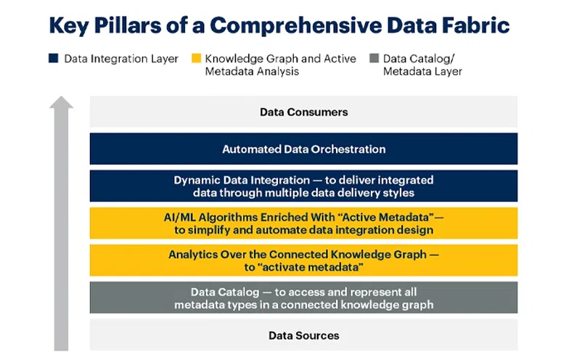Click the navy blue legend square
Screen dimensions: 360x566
pos(53,59)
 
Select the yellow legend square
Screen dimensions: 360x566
pos(195,59)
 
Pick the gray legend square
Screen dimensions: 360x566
pos(373,59)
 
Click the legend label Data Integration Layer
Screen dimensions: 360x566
pos(121,59)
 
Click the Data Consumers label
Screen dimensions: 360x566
pos(303,112)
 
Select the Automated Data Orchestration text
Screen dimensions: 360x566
pos(303,149)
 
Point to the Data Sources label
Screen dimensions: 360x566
pos(303,335)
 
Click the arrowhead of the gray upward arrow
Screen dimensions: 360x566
pos(61,104)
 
